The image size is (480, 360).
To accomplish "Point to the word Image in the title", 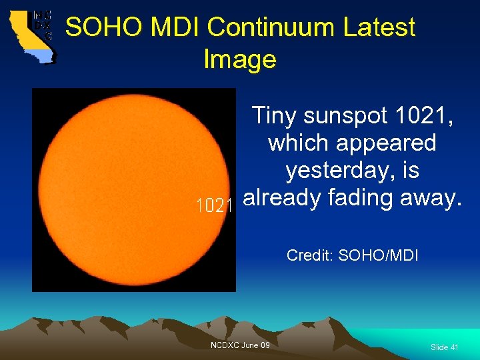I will [239, 59].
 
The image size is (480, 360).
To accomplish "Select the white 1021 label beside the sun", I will [213, 206].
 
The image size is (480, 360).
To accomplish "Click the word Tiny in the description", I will [274, 116].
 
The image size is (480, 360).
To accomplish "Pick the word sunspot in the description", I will [345, 116].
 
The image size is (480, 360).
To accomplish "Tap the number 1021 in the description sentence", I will [424, 116].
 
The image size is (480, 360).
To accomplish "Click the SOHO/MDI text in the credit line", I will [379, 255].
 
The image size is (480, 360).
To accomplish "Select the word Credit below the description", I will [310, 255].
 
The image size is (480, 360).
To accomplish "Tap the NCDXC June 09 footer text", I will [240, 345].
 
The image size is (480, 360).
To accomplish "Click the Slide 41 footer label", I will [444, 347].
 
